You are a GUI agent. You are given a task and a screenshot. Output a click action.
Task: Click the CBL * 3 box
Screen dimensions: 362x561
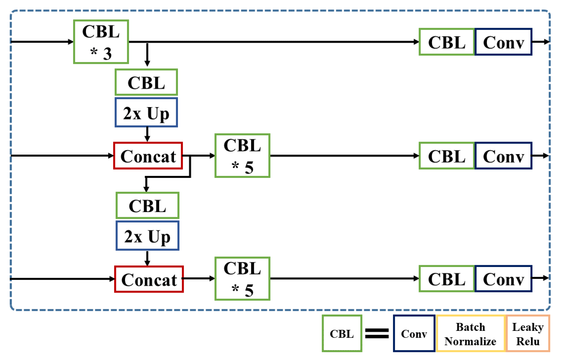101,42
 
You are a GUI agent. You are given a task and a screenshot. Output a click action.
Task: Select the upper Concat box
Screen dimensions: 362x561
148,156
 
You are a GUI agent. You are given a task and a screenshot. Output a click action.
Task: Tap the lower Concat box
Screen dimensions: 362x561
149,279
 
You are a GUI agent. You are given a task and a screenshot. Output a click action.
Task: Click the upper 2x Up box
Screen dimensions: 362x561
146,112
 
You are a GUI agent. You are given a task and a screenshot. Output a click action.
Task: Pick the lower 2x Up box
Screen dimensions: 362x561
147,236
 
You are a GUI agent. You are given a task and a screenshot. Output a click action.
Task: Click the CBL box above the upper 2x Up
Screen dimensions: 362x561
146,82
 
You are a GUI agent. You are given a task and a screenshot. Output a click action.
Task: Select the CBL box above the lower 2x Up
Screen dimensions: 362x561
147,205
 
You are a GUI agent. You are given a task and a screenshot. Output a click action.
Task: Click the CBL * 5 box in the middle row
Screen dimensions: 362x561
242,156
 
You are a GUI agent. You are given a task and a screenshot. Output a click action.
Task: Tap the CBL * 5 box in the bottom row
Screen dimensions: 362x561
242,279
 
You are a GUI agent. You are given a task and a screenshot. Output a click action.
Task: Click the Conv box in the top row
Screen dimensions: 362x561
503,42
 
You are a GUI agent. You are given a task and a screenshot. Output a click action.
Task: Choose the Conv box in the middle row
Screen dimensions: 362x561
503,156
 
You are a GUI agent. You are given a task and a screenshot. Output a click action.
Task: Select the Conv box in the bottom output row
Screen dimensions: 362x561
503,279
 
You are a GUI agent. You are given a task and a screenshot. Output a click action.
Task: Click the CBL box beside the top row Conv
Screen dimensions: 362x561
447,42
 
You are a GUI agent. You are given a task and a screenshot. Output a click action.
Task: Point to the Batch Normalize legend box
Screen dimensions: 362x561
471,334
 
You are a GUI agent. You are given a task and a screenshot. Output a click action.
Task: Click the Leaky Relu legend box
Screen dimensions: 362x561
528,334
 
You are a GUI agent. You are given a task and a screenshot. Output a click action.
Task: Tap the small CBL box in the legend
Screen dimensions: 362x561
342,334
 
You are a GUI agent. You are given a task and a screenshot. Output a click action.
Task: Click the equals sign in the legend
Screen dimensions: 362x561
377,333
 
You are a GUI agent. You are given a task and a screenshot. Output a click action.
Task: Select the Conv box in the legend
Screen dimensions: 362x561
414,334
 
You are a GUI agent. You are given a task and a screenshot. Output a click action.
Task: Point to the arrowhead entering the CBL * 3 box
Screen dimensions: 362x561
70,42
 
